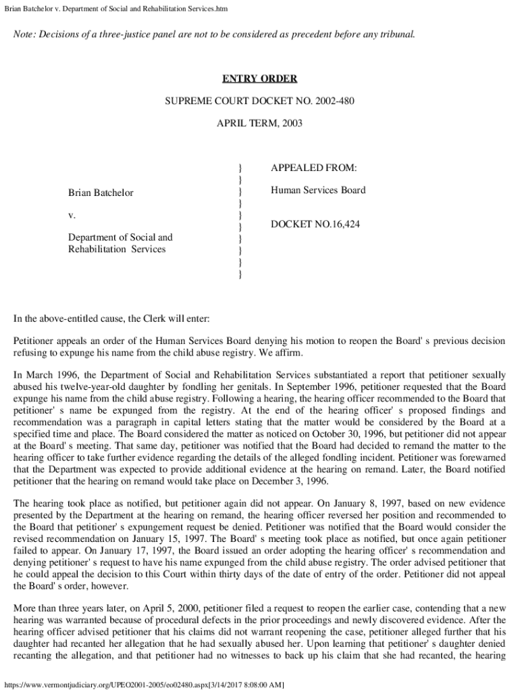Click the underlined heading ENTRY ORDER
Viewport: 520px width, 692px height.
pyautogui.click(x=260, y=79)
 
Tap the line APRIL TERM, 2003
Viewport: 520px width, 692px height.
pyautogui.click(x=260, y=124)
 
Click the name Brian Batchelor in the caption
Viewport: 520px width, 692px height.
pyautogui.click(x=101, y=193)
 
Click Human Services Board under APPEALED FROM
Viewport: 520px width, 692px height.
pyautogui.click(x=318, y=191)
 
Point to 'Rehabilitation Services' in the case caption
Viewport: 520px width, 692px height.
pyautogui.click(x=117, y=249)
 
